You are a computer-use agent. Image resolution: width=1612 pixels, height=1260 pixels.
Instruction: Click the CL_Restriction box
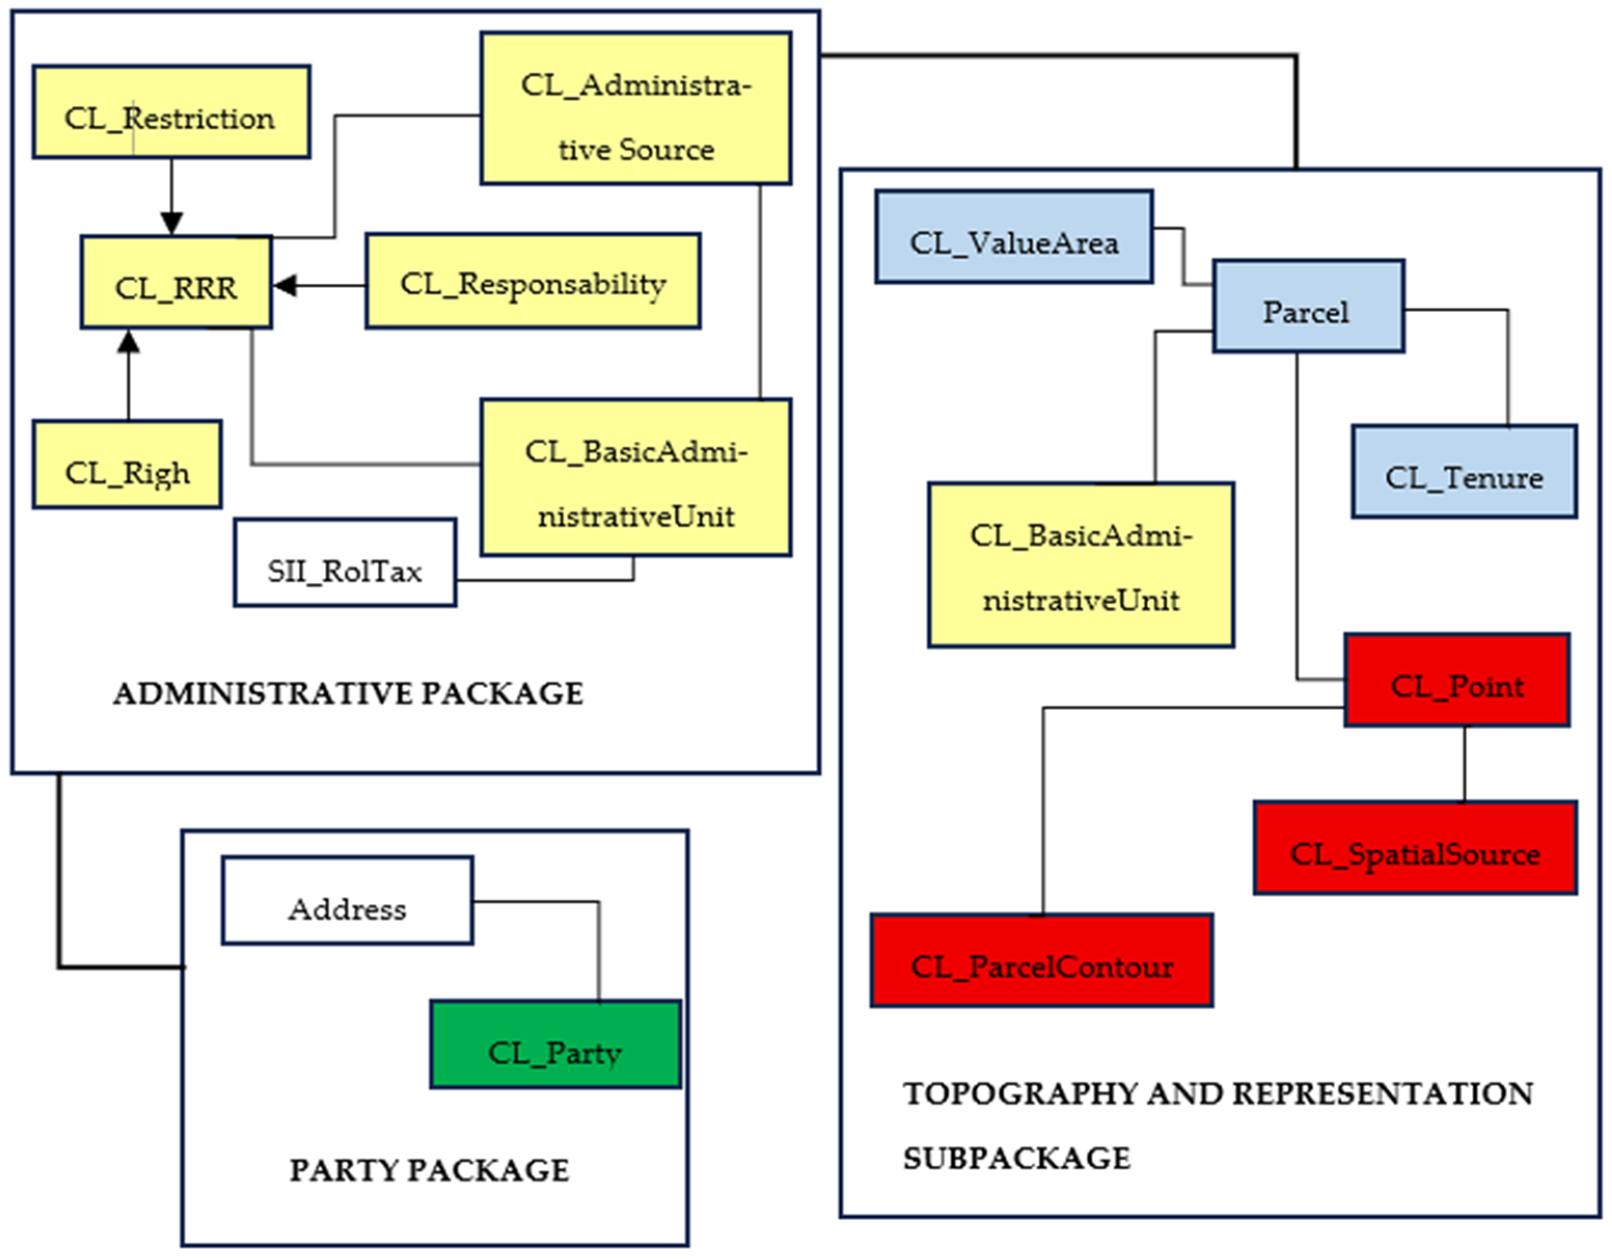[171, 112]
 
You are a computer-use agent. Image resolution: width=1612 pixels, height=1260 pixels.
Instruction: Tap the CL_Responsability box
[533, 281]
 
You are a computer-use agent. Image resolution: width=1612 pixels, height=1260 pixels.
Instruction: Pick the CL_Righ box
[127, 464]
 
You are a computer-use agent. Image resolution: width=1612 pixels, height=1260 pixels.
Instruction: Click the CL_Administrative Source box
[636, 108]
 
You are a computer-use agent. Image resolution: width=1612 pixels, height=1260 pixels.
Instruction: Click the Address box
[348, 900]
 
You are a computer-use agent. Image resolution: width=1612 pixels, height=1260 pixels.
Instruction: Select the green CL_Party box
[556, 1045]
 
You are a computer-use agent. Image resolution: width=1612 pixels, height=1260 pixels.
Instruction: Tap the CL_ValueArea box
[1014, 237]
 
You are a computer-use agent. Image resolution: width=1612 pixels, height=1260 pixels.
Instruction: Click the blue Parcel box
[1308, 306]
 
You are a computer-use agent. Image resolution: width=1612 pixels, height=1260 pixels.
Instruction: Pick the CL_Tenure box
[1464, 472]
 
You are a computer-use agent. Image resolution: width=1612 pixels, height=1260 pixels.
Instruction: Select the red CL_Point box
[1457, 680]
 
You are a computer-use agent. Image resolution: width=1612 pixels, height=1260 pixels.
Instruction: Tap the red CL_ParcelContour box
[1041, 961]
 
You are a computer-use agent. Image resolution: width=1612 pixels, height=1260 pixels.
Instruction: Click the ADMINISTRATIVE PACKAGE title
[348, 694]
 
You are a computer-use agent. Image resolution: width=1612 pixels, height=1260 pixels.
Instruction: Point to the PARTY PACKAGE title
[430, 1170]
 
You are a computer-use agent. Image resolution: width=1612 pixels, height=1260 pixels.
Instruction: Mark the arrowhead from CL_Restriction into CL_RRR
[171, 224]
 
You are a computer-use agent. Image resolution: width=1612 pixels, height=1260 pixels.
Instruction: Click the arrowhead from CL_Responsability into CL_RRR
[285, 285]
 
